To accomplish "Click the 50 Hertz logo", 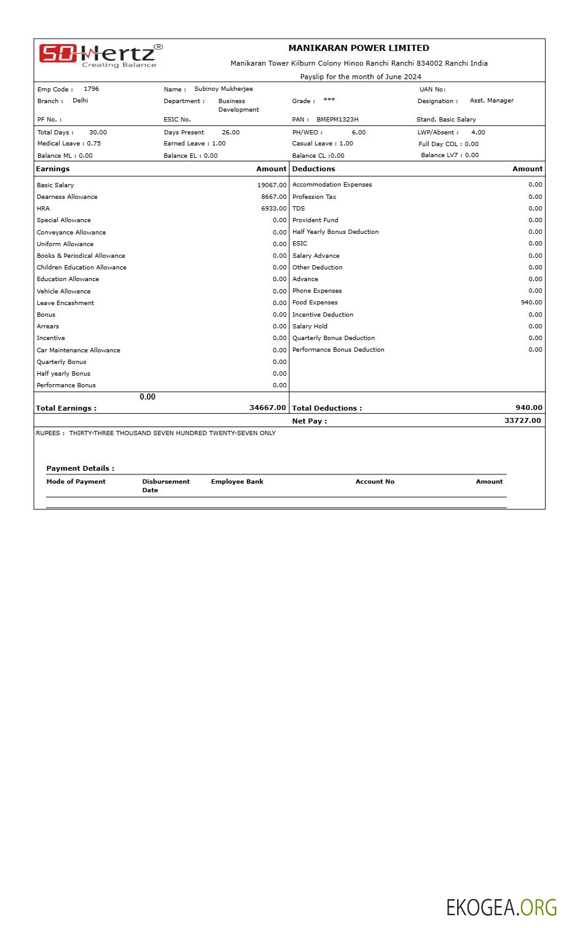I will (101, 55).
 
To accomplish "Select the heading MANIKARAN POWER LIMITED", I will (359, 48).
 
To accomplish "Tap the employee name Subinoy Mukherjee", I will (223, 89).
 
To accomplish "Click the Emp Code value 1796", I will (91, 89).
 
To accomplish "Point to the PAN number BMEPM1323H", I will (337, 120).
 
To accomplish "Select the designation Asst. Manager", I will (492, 101).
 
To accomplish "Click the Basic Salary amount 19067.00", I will (272, 185).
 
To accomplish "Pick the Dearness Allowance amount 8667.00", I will (273, 197).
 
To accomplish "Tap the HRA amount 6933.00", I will (273, 209).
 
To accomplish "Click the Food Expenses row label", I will (315, 303).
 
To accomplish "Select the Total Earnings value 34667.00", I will (267, 408).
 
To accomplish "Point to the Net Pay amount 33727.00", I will (522, 420).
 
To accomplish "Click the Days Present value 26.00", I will (230, 133).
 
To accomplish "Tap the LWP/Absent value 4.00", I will (478, 133).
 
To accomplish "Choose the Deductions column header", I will (313, 169).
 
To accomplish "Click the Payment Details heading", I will (80, 468).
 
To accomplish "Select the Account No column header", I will (375, 482).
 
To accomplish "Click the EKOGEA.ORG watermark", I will (501, 907).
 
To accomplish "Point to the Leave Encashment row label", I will (65, 303).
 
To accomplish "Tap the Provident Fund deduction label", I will (315, 220).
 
